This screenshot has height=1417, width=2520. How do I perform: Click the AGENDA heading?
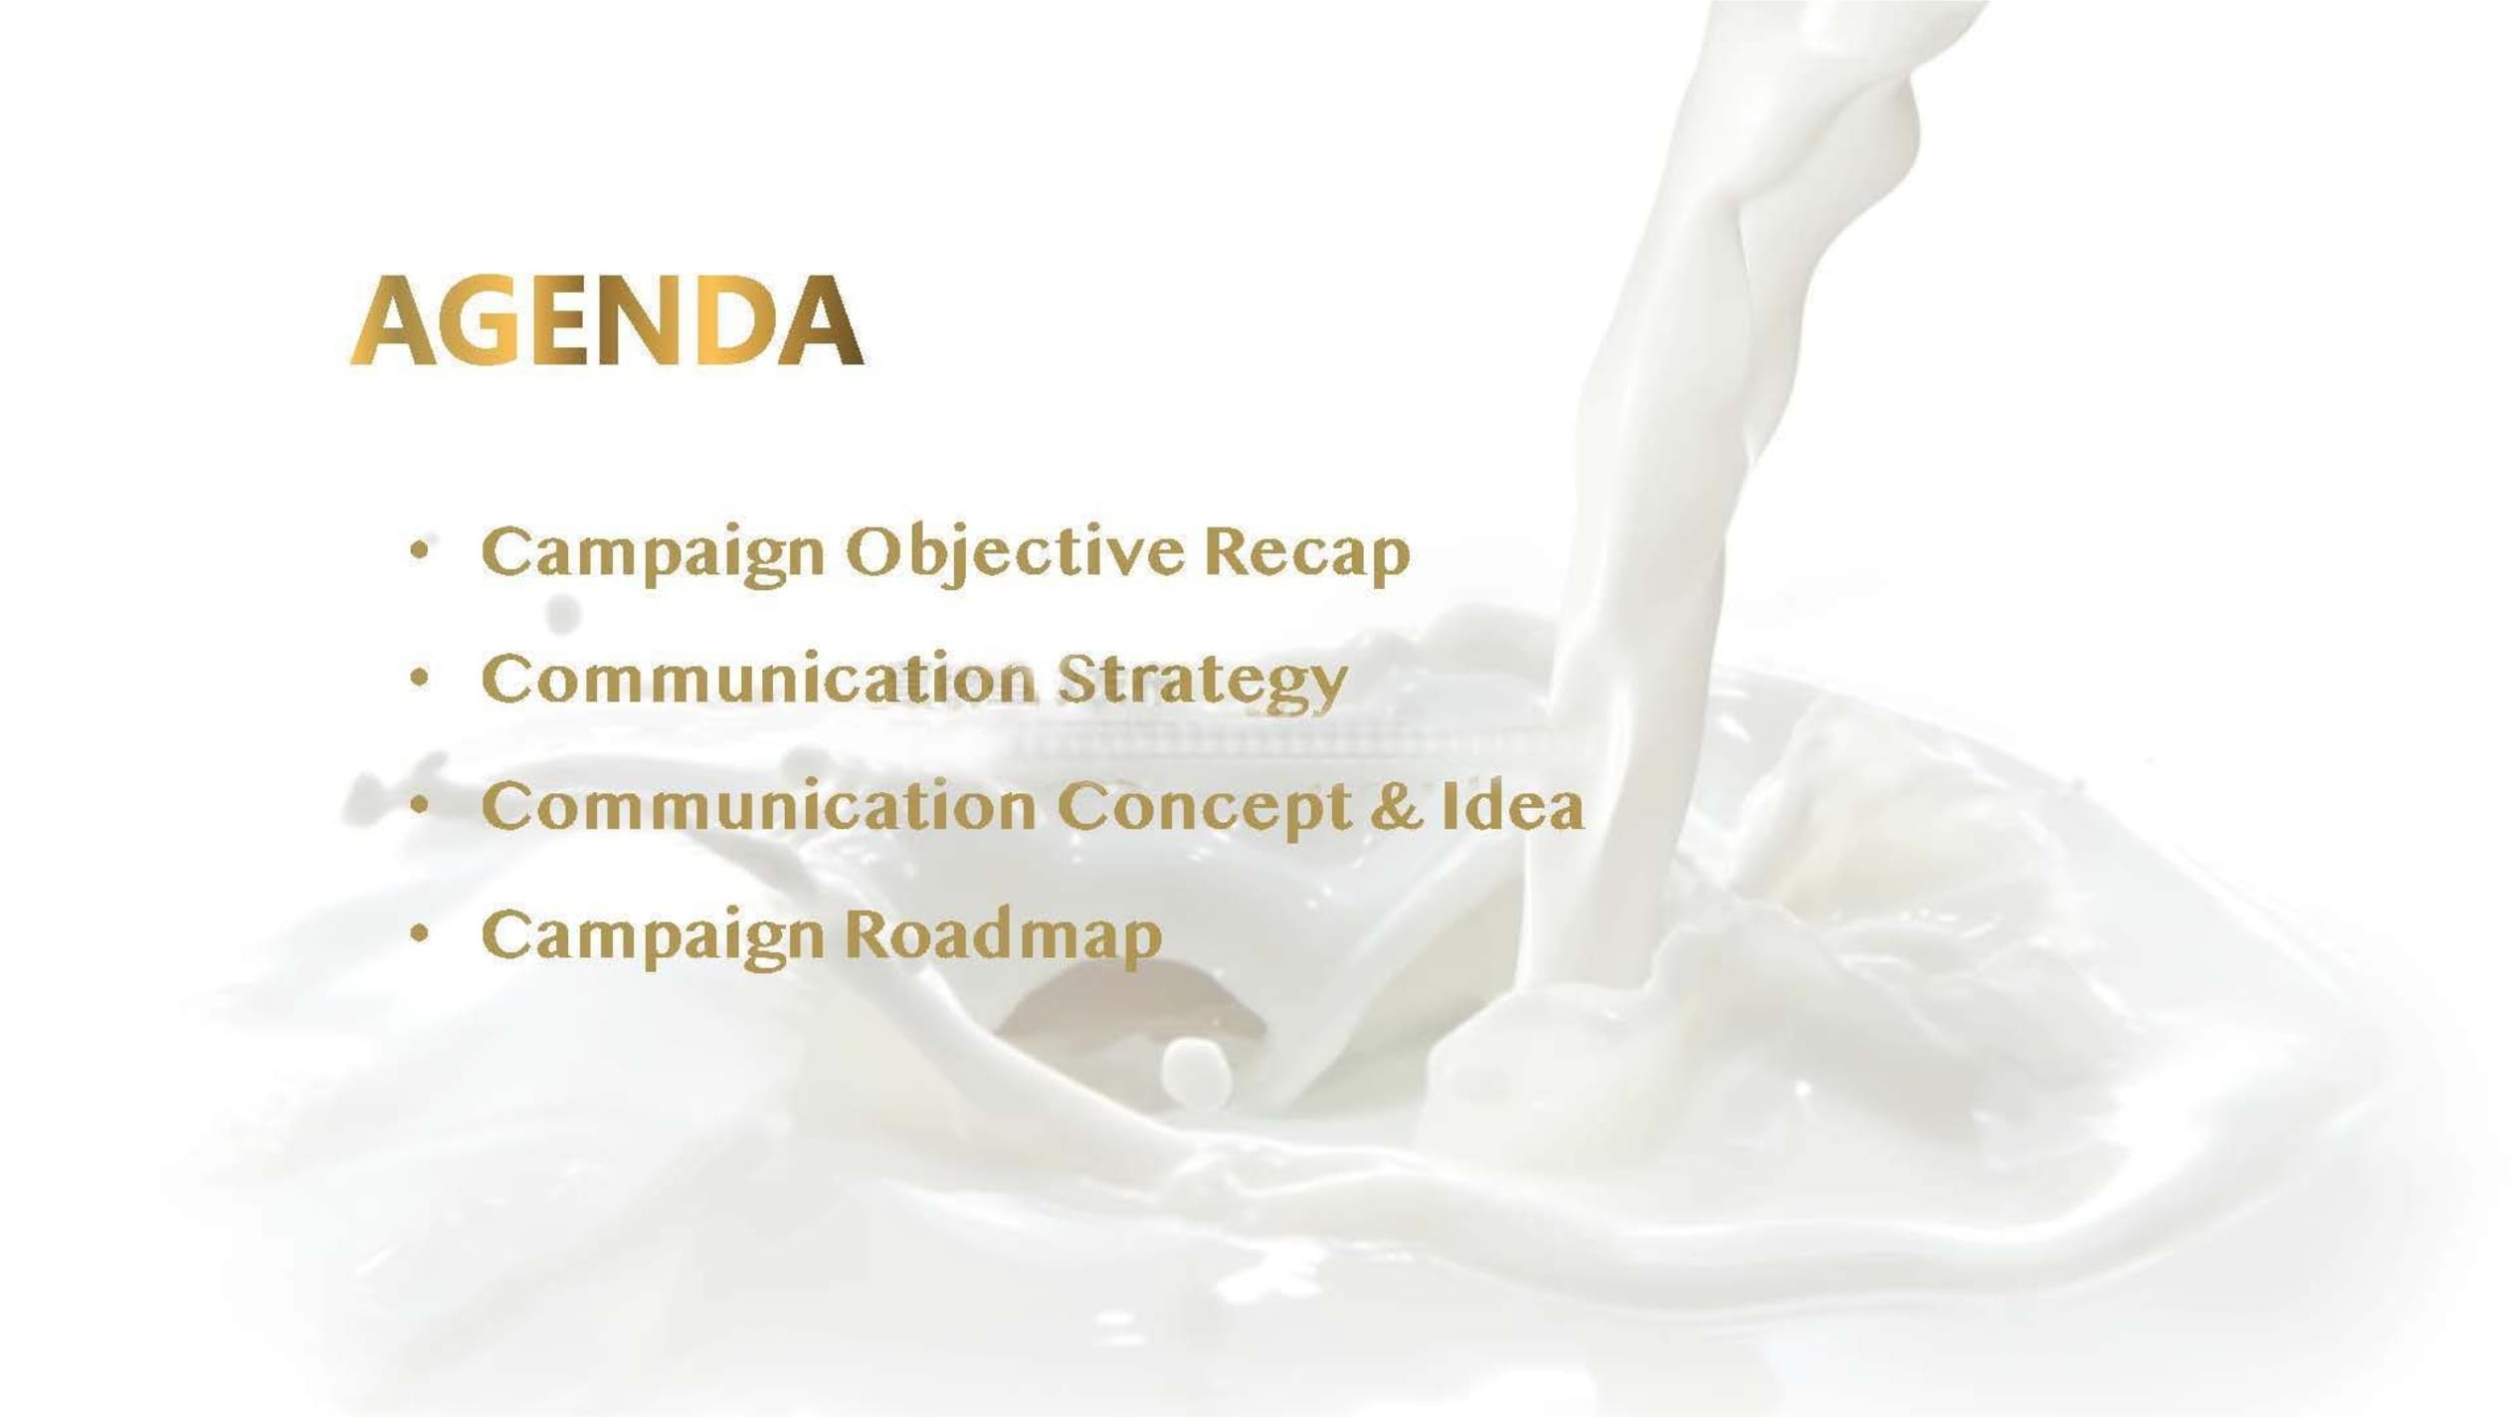[607, 320]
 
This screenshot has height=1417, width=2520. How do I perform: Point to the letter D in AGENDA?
[737, 320]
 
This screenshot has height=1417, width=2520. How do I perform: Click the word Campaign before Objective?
[653, 553]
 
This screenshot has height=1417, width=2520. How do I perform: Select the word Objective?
[1016, 553]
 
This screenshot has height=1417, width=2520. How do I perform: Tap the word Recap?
[1307, 553]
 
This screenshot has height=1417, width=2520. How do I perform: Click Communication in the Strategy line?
[759, 679]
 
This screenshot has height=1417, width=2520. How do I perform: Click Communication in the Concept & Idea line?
[759, 806]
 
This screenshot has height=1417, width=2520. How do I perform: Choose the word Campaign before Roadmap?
[653, 937]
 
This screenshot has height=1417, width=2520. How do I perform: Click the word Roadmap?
[1004, 937]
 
